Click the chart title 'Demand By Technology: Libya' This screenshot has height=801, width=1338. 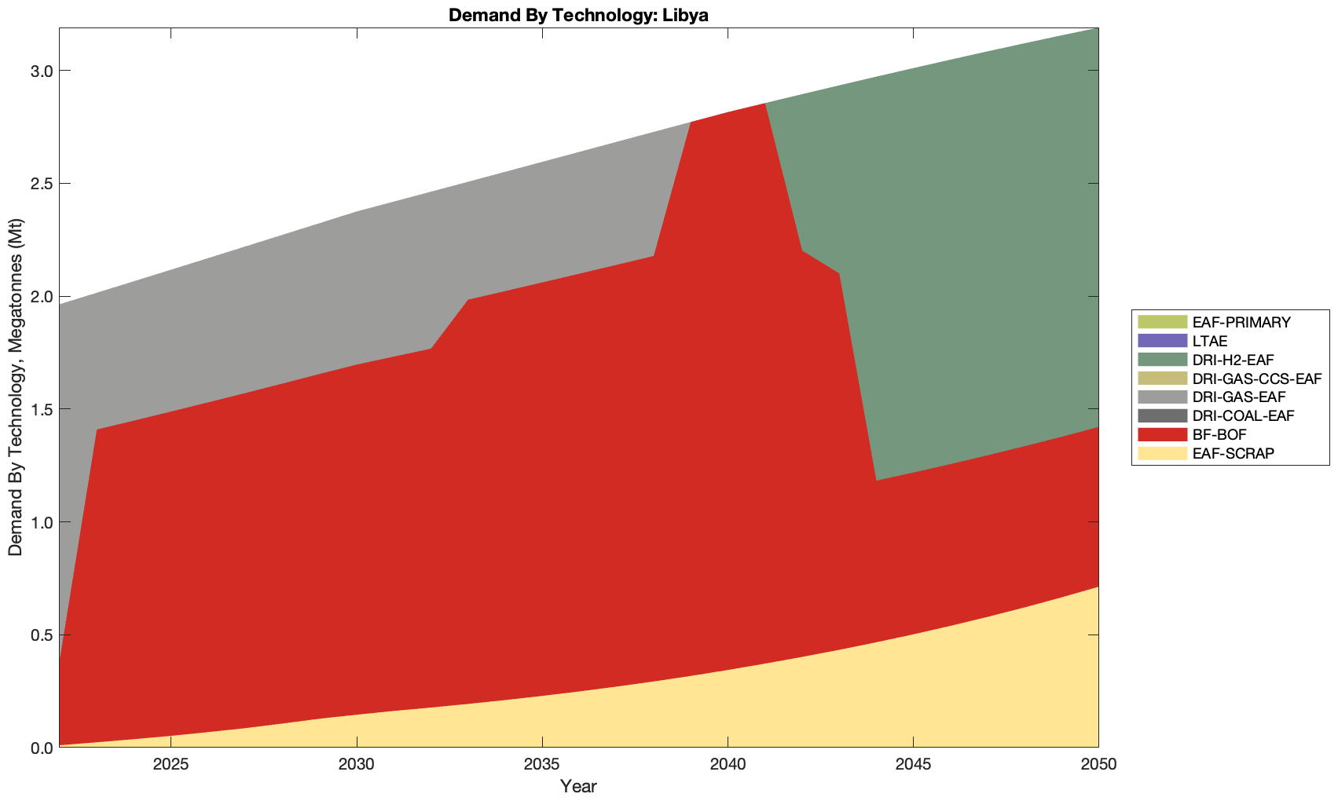tap(578, 15)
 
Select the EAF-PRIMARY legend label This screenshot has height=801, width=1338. tap(1241, 322)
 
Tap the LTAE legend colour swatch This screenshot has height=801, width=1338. tap(1161, 341)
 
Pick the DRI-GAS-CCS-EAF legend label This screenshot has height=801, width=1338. tap(1256, 379)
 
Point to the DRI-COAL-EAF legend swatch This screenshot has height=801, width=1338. tap(1161, 415)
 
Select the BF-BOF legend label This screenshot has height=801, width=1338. tap(1219, 434)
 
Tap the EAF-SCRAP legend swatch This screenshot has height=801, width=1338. tap(1161, 453)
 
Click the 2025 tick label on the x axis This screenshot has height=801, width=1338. tap(170, 764)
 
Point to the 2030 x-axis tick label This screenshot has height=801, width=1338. tap(357, 764)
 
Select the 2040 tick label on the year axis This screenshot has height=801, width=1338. tap(728, 764)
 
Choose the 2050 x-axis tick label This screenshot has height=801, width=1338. tap(1098, 764)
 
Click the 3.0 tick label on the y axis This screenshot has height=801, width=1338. tap(39, 71)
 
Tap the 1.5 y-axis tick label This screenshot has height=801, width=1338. tap(39, 409)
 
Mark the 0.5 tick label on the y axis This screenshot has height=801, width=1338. tap(39, 635)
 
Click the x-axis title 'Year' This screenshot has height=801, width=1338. tap(578, 786)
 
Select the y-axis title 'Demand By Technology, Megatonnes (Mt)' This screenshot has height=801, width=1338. tap(15, 387)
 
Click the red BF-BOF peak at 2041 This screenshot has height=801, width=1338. tap(764, 104)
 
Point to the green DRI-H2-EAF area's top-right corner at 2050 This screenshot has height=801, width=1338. tap(1097, 30)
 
